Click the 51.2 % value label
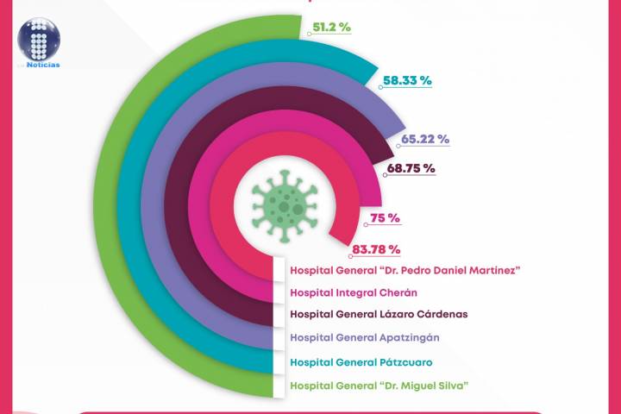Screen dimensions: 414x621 click(x=332, y=27)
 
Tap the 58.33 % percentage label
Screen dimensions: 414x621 click(x=407, y=80)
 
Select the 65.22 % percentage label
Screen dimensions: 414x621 click(x=425, y=139)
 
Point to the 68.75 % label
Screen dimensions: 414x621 click(x=411, y=168)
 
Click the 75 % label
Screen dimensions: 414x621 click(x=385, y=218)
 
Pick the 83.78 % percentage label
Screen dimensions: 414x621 click(x=376, y=250)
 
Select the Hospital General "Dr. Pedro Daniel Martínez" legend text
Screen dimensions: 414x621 click(x=405, y=270)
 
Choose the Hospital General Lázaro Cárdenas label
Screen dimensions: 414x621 click(x=379, y=314)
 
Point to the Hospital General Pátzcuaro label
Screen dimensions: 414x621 click(x=361, y=361)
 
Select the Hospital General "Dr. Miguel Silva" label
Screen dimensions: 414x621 click(x=379, y=385)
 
